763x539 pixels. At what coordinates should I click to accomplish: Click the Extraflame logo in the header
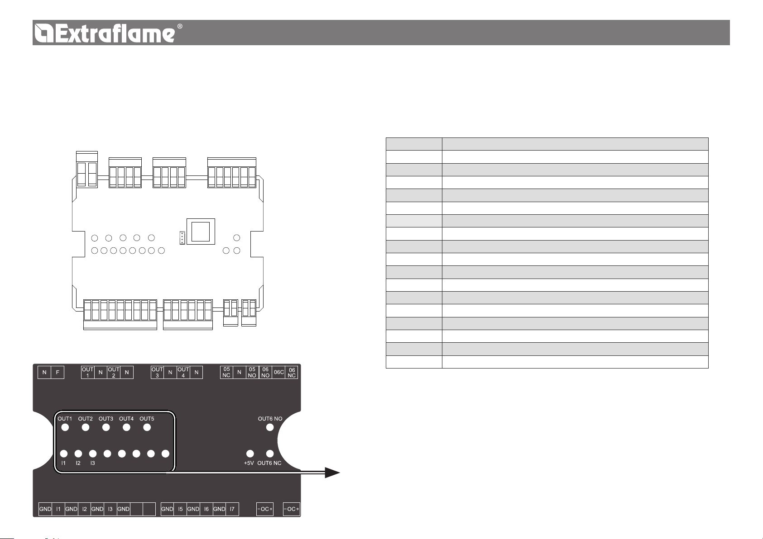pos(105,33)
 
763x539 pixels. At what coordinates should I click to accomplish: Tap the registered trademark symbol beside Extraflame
pos(180,27)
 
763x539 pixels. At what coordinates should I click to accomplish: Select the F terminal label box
pos(58,372)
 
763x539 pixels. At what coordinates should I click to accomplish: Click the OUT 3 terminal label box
pos(157,372)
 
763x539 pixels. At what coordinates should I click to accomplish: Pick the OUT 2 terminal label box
pos(114,372)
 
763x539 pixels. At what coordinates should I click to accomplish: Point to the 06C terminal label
pos(278,372)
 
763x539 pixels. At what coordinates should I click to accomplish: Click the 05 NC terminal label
pos(226,372)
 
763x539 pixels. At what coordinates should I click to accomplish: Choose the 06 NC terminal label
pos(292,372)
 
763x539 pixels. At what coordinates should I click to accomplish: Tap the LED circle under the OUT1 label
pos(65,427)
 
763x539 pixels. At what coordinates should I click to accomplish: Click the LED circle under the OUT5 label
pos(147,427)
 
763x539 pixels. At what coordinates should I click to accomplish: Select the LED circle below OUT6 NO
pos(270,427)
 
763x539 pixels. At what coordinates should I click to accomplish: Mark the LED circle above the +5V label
pos(250,454)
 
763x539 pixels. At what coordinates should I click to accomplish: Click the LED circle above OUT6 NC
pos(270,454)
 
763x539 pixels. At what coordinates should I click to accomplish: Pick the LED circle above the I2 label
pos(78,454)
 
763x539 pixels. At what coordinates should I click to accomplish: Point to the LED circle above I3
pos(93,454)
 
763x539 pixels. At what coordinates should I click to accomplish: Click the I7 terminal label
pos(232,509)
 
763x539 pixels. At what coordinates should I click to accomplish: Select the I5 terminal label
pos(180,509)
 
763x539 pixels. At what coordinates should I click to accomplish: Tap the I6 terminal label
pos(206,509)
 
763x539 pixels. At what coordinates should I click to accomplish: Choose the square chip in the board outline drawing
pos(201,231)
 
